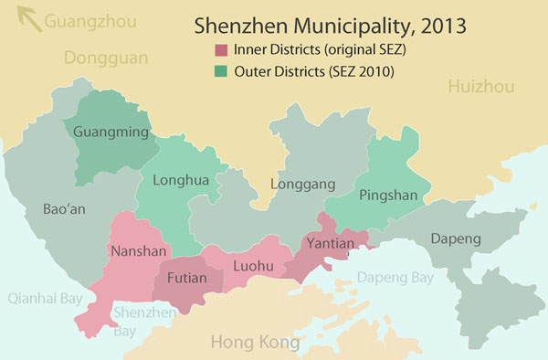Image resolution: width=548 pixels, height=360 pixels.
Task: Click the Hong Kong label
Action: pos(255,343)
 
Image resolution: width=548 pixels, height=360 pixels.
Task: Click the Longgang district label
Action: pos(299,185)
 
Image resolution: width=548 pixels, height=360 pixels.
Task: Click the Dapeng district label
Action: pos(454,238)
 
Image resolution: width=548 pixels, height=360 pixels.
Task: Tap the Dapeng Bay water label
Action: pos(395,277)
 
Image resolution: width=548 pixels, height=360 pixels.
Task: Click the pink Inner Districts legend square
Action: pos(220,48)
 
